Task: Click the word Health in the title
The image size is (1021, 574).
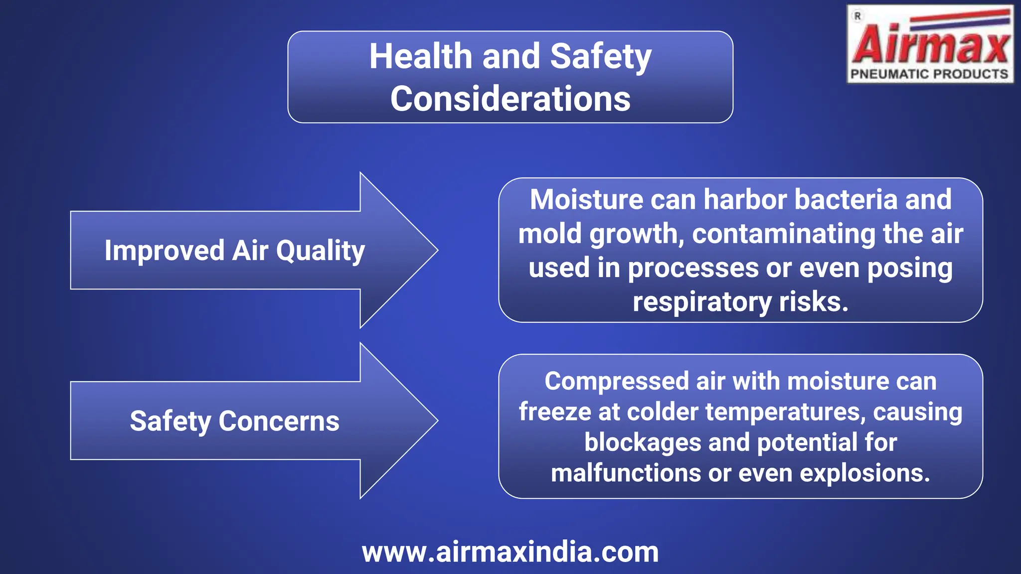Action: click(420, 56)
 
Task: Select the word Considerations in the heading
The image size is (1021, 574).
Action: click(510, 99)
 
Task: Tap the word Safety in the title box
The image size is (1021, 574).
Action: click(601, 56)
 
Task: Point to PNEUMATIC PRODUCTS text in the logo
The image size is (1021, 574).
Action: click(929, 74)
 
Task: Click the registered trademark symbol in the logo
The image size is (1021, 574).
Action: click(857, 16)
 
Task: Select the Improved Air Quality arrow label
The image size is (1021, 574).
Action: click(234, 250)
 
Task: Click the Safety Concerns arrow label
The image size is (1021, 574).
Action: click(234, 421)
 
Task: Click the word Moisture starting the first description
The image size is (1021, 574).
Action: click(586, 200)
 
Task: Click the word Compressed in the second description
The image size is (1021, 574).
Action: click(616, 381)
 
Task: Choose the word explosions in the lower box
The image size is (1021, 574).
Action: click(865, 473)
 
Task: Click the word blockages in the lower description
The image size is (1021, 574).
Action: click(642, 442)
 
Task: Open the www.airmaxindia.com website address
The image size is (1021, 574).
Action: click(510, 552)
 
